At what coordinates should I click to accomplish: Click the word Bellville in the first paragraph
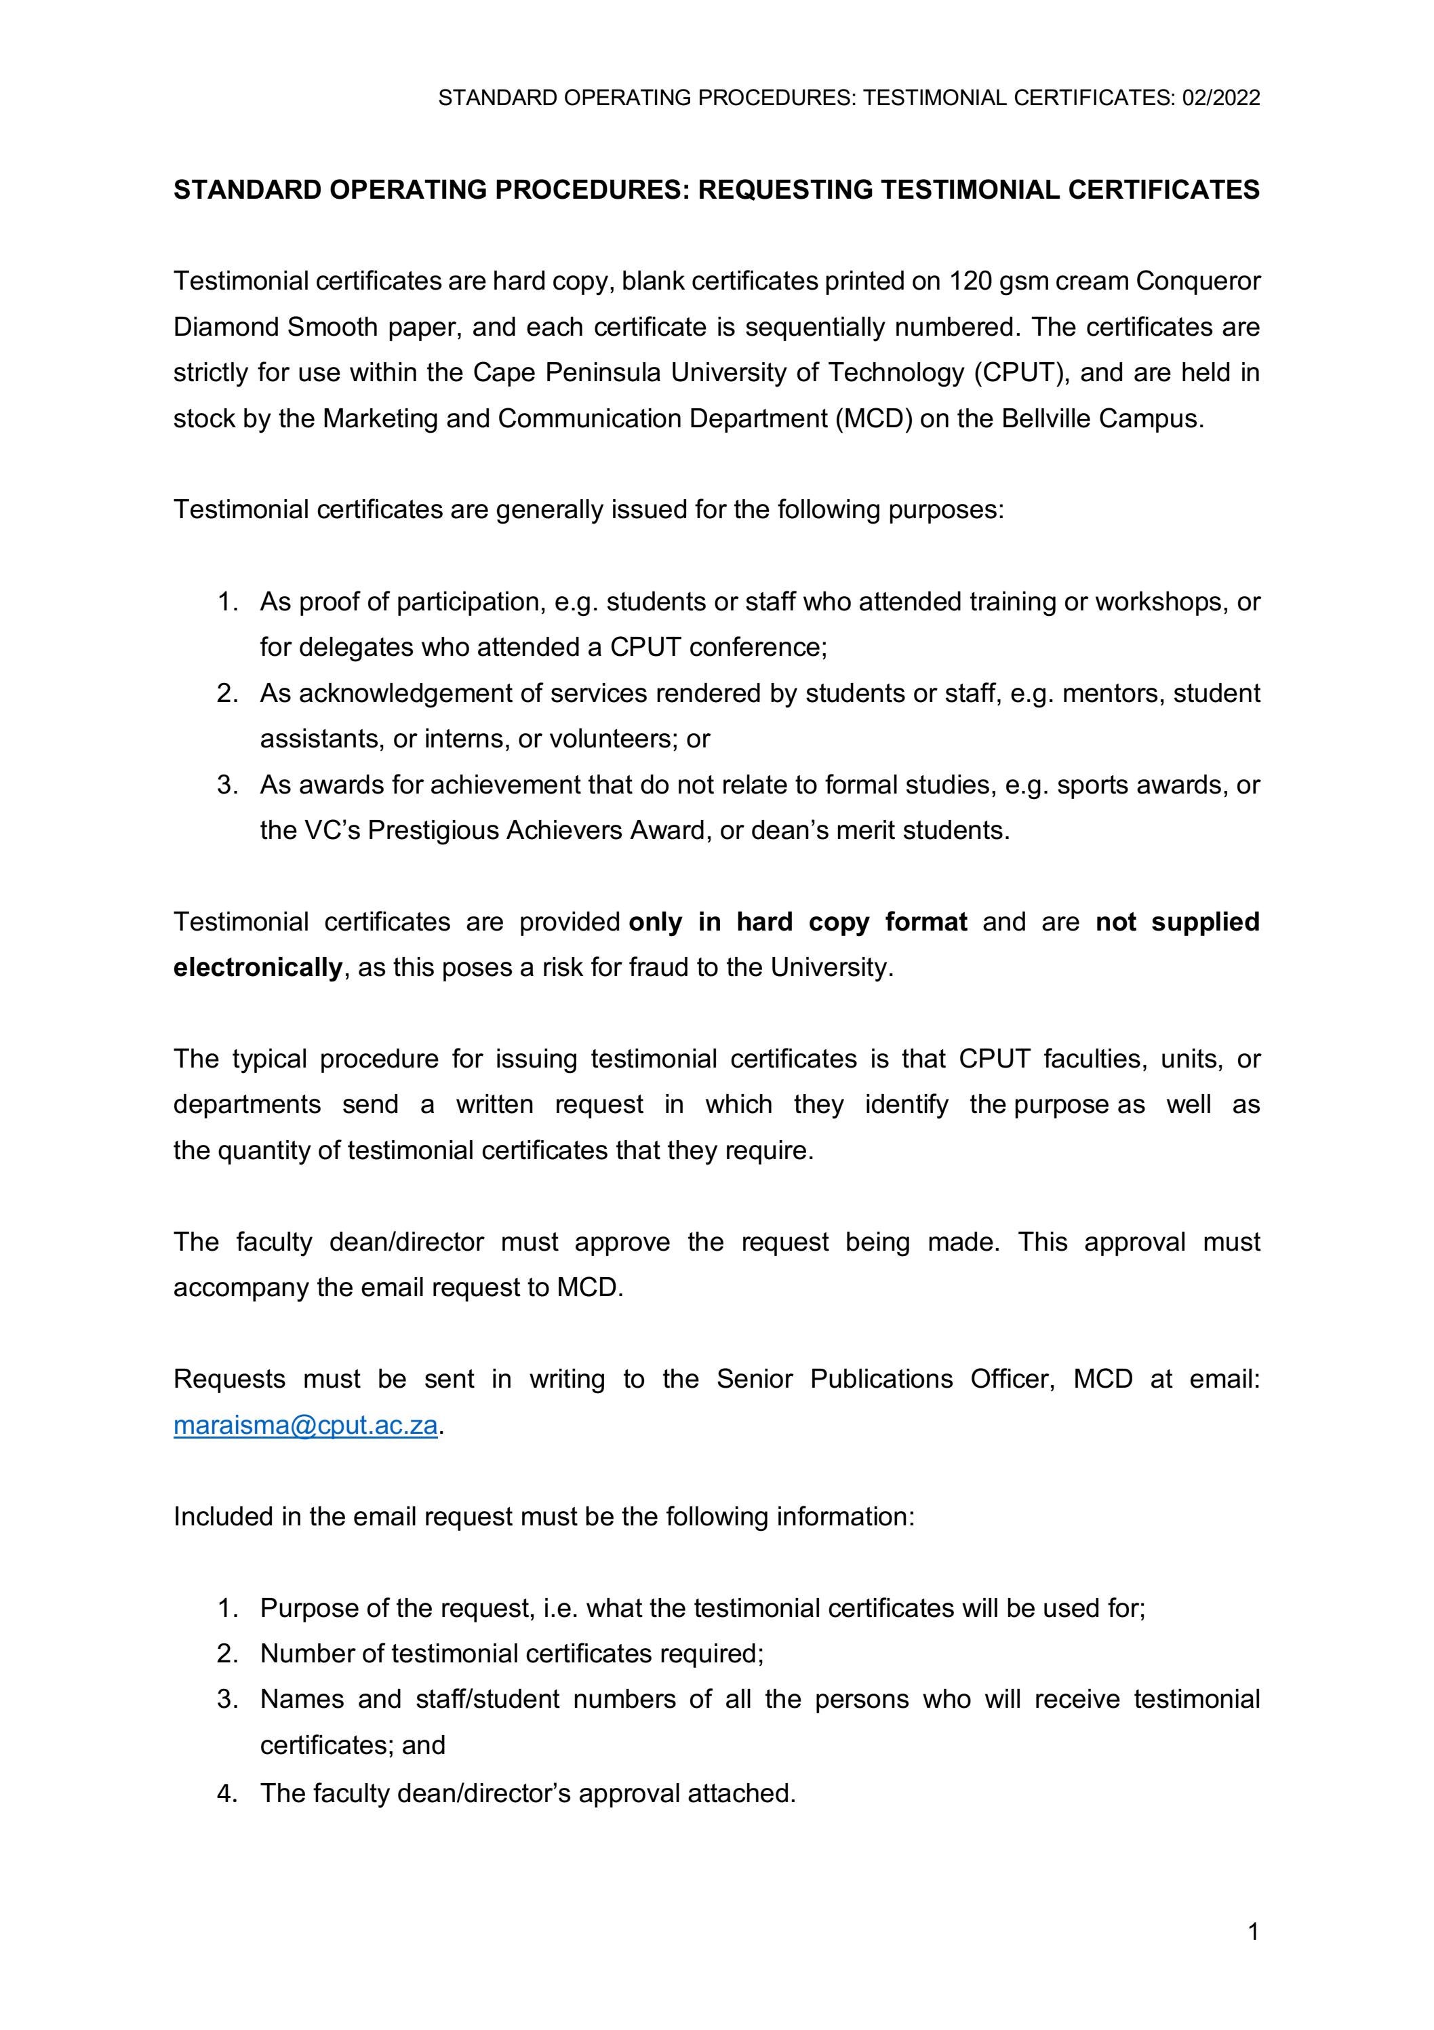(1047, 418)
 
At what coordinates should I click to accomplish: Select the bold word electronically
(257, 968)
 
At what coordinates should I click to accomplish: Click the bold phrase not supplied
(1177, 922)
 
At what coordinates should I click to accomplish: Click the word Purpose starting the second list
(309, 1608)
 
